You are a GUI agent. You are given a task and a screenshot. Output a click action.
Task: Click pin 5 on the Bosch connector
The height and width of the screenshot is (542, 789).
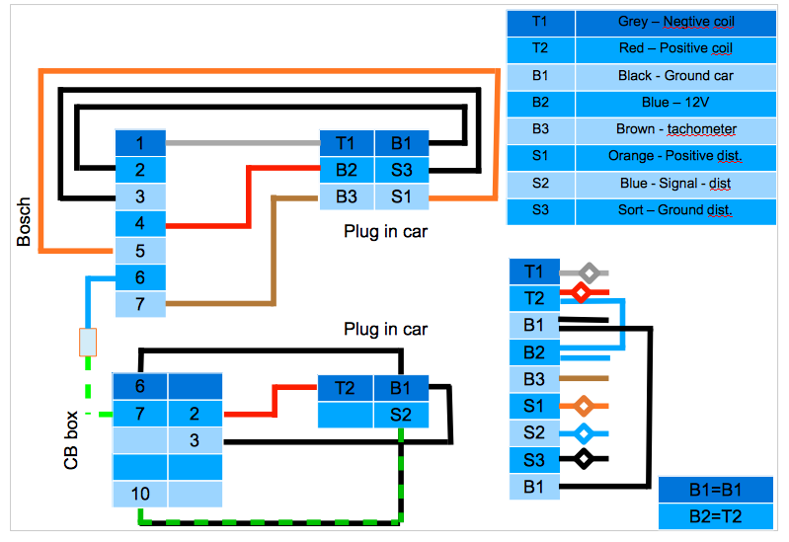140,251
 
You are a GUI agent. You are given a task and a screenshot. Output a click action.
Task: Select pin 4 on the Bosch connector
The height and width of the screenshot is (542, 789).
140,224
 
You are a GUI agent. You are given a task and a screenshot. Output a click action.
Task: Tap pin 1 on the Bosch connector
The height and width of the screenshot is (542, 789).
140,143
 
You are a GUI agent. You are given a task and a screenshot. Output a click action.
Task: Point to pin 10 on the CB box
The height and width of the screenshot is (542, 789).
139,493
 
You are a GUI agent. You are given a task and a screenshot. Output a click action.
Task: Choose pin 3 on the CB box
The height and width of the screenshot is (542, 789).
194,440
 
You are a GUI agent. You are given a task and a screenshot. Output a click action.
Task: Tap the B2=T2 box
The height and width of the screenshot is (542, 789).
715,514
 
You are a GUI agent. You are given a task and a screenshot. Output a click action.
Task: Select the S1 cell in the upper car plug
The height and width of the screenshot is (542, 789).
401,196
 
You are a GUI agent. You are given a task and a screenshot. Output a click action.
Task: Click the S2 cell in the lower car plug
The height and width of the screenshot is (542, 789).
401,415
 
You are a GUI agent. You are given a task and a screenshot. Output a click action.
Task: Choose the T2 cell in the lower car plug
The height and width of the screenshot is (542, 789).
345,388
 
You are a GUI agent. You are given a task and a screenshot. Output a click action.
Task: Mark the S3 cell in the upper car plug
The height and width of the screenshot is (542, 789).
401,170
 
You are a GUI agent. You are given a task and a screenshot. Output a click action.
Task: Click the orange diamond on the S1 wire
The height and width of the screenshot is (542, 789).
583,405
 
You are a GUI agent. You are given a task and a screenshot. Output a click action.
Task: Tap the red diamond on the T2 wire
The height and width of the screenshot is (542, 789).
582,293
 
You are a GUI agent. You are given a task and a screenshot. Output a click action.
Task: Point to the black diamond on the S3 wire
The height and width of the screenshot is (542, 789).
583,459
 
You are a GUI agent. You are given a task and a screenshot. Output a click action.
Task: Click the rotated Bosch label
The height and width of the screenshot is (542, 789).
25,223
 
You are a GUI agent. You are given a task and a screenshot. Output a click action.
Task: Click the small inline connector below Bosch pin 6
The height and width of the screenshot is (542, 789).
88,342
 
